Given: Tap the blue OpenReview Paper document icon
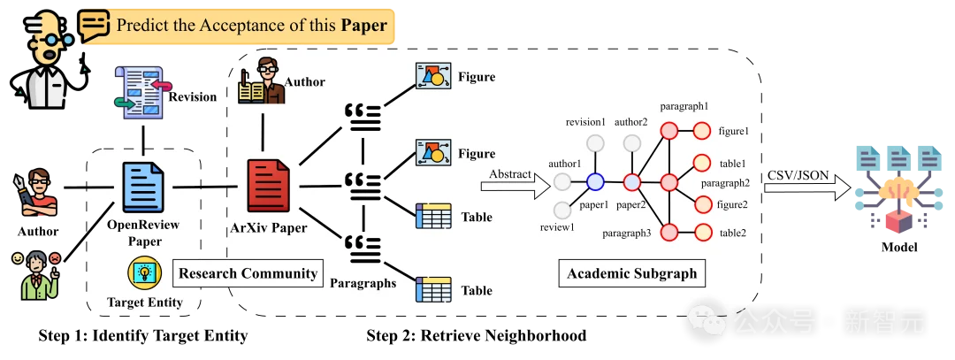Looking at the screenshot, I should click(142, 186).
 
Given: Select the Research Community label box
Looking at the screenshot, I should click(248, 272).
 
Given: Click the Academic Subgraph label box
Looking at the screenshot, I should click(632, 273).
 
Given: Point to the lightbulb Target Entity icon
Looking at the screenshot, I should click(142, 272).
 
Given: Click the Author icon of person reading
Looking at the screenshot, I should click(261, 80).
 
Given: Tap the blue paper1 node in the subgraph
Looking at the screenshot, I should click(595, 182).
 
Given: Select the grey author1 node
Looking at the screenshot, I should click(562, 182).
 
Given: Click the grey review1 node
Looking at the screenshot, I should click(562, 211).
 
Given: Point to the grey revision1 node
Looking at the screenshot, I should click(595, 143).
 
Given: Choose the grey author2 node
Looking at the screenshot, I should click(631, 143).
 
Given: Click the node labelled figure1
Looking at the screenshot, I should click(702, 131).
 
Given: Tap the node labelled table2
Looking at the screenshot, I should click(702, 233).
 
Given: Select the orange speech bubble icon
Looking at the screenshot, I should click(94, 24).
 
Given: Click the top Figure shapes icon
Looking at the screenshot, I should click(433, 78).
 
